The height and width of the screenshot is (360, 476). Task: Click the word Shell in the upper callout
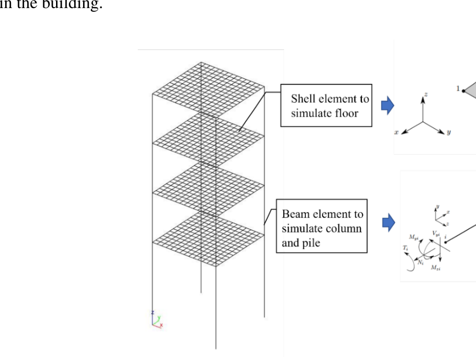point(302,99)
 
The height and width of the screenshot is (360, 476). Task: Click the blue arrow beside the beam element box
point(389,222)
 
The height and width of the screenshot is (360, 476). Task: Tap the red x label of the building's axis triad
point(162,325)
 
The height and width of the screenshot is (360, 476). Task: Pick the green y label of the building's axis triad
point(159,317)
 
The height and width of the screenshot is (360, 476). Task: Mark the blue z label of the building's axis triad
point(152,313)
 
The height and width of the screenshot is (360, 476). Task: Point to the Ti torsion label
point(405,248)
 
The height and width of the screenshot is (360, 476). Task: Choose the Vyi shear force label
point(436,233)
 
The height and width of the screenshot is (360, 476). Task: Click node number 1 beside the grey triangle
point(458,89)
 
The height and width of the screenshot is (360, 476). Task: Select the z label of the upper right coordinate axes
point(426,95)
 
